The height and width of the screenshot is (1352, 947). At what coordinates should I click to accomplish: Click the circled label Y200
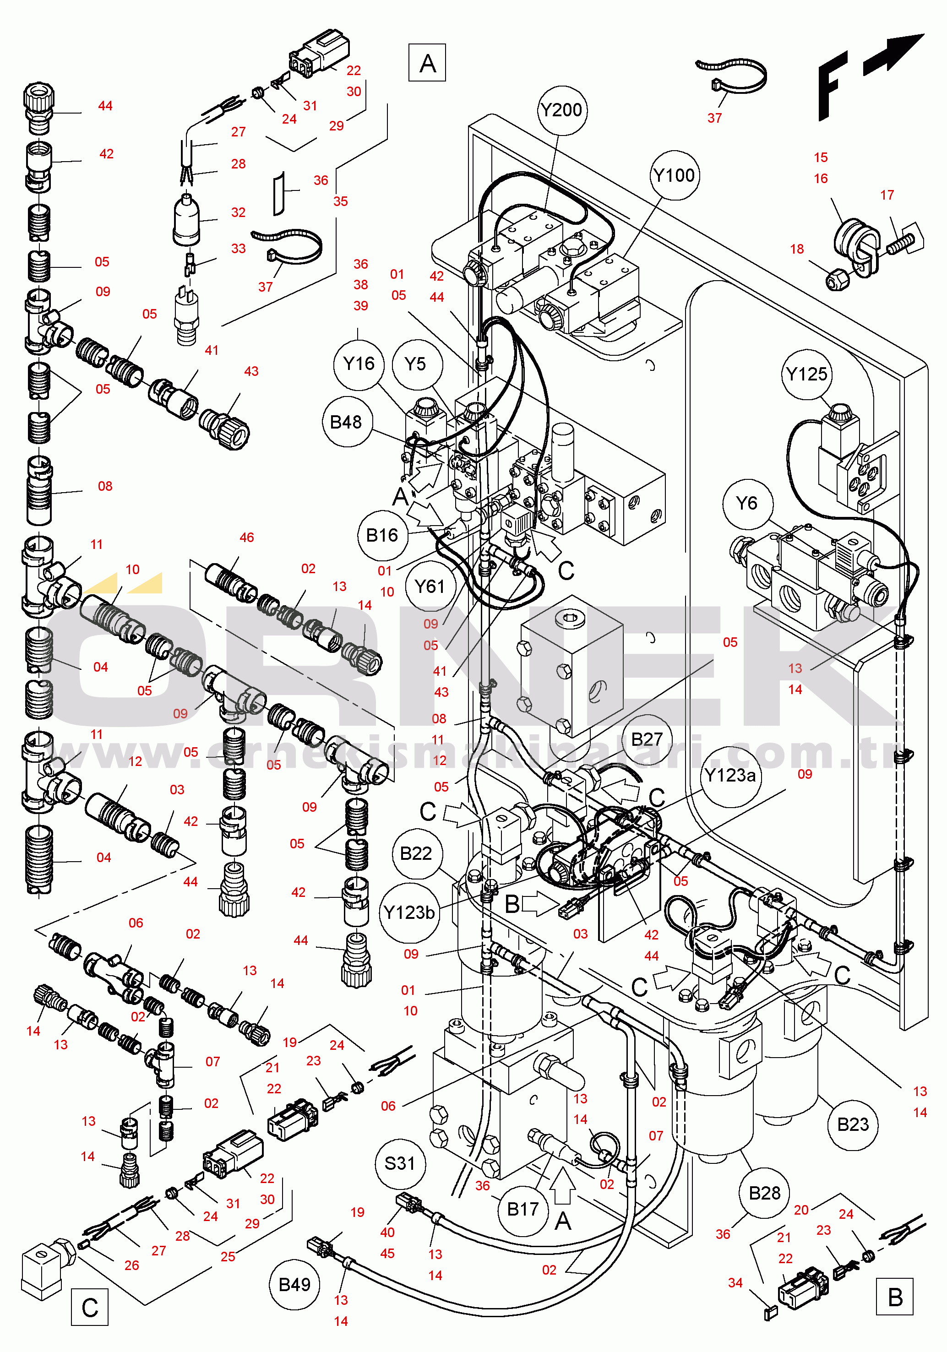562,110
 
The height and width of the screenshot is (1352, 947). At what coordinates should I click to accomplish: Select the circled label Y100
675,175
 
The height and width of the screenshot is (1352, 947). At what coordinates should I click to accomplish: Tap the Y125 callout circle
806,375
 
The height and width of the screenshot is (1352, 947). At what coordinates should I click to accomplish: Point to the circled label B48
346,422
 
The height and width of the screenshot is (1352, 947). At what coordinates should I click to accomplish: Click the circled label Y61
430,586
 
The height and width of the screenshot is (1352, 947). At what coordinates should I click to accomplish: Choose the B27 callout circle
647,739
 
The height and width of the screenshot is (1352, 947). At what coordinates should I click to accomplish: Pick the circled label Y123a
730,776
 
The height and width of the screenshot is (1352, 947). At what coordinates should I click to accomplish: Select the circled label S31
400,1163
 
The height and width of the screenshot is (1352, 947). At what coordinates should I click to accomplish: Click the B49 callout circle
294,1285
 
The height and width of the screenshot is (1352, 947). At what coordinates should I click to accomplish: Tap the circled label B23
853,1125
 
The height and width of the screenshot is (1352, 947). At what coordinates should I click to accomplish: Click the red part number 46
247,538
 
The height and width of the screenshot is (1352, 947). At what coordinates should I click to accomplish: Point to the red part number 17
887,195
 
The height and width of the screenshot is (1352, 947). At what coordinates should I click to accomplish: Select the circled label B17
523,1210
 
